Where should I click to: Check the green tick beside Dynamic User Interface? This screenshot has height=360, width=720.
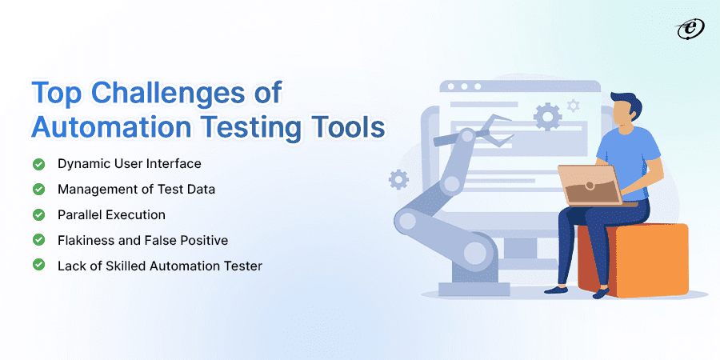tap(38, 164)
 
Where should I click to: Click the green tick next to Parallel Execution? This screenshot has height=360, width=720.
tap(38, 215)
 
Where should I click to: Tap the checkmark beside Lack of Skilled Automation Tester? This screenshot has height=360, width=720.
tap(38, 266)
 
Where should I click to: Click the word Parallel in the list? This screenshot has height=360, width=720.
tap(78, 215)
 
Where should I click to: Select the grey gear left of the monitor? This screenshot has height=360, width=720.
tap(398, 179)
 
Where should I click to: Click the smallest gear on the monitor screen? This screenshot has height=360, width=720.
tap(572, 105)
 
